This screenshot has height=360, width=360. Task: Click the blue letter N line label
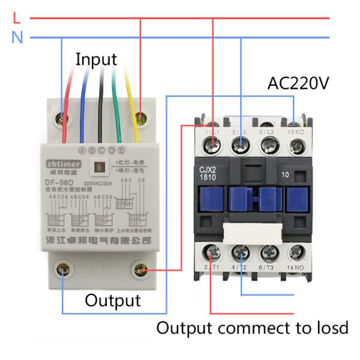click(x=17, y=38)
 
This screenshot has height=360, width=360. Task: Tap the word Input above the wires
click(x=96, y=59)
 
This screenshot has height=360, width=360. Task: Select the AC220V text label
click(x=298, y=83)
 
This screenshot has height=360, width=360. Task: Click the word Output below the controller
click(x=112, y=300)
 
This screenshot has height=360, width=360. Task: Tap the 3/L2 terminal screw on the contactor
click(x=241, y=143)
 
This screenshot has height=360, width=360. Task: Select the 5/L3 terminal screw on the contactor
click(x=269, y=143)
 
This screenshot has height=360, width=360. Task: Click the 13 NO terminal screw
click(x=296, y=143)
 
